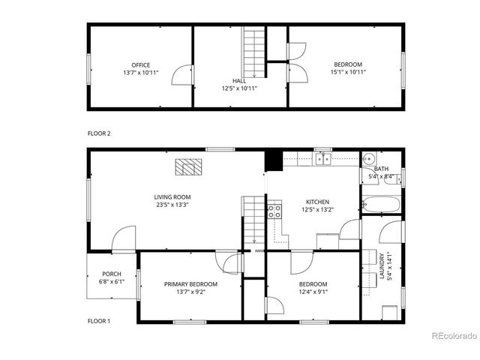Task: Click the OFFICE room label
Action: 141,64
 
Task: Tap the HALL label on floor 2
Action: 238,81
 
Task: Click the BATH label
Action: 381,169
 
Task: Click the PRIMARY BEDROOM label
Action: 191,284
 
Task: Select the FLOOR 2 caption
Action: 99,133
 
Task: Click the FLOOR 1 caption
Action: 99,321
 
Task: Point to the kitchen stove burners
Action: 274,210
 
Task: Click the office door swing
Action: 181,73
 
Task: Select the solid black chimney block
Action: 274,160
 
